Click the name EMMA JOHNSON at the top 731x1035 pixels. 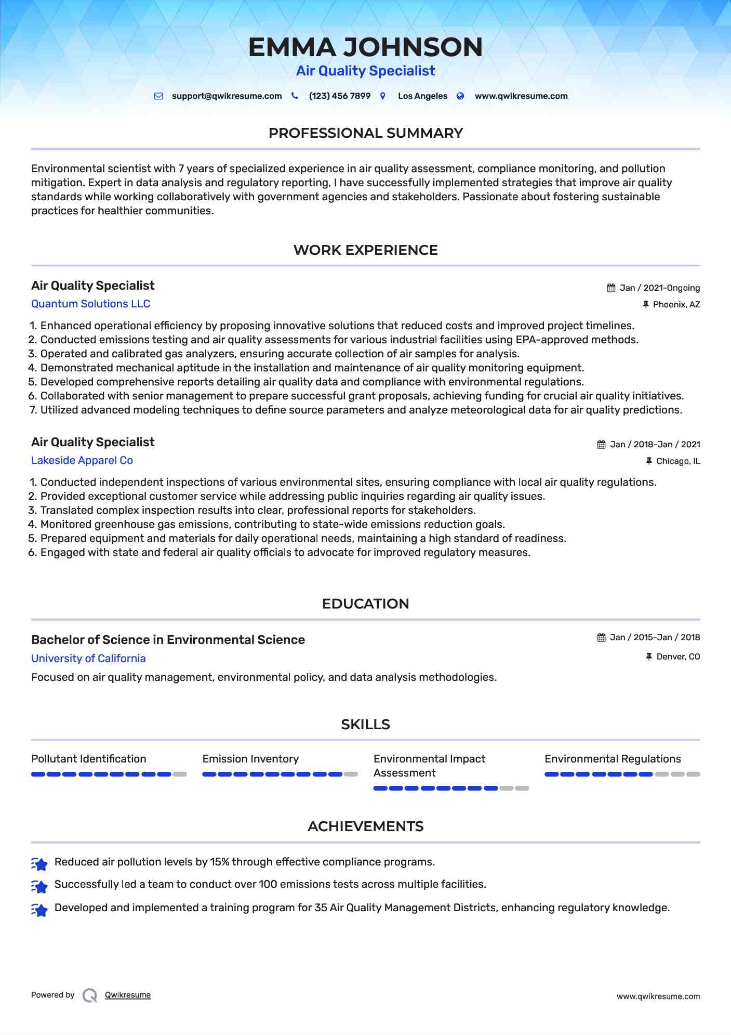(x=365, y=47)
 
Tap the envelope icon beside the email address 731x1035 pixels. (x=159, y=96)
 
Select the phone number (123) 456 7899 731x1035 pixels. (x=339, y=96)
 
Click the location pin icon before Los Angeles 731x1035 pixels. (x=383, y=96)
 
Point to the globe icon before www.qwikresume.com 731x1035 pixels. (x=460, y=96)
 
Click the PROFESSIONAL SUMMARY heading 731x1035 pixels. (x=365, y=133)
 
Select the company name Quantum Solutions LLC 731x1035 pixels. (x=90, y=304)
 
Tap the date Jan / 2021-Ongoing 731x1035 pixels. (x=659, y=288)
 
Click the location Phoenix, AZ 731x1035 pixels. (x=676, y=305)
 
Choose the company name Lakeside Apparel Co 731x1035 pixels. (x=82, y=460)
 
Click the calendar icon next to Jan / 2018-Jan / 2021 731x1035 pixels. (x=601, y=445)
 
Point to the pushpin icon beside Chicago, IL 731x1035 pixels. (x=648, y=461)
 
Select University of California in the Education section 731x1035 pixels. (x=88, y=658)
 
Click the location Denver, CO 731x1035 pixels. (x=678, y=657)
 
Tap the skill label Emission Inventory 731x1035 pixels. (x=250, y=759)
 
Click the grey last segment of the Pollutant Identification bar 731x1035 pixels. (x=180, y=774)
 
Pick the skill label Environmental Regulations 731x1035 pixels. (x=613, y=759)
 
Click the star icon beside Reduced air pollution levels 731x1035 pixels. (x=39, y=864)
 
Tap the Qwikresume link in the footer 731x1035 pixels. (x=128, y=995)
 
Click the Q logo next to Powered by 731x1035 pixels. (x=90, y=995)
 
